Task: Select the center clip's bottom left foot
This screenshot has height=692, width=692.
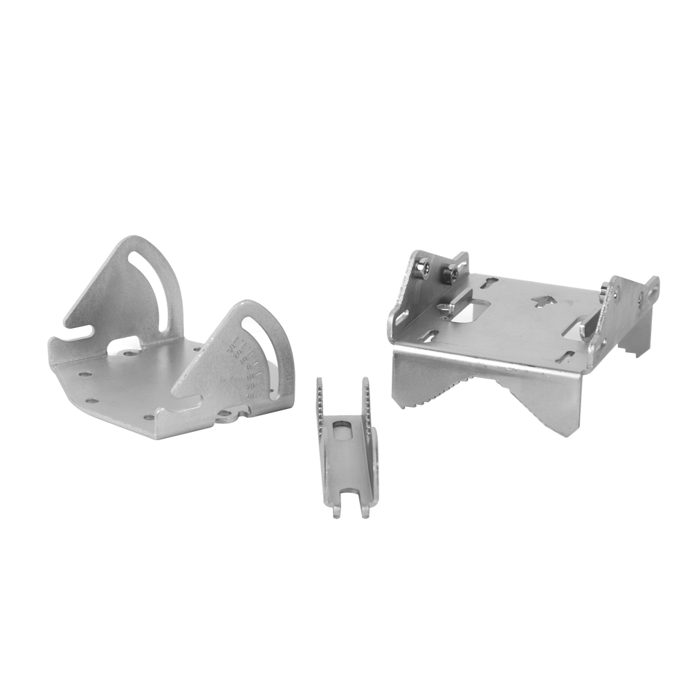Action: (335, 513)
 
